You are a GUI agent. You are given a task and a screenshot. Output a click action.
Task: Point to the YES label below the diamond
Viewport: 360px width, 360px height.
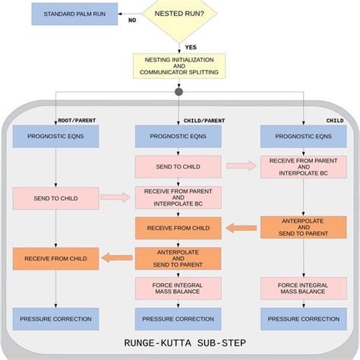(191, 47)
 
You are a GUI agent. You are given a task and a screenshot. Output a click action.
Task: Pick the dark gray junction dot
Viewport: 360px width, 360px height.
(178, 93)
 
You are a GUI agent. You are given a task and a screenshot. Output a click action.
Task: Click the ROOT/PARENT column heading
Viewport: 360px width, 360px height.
(77, 120)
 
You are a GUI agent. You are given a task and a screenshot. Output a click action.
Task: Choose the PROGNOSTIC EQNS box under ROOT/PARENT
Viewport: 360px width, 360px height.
(55, 137)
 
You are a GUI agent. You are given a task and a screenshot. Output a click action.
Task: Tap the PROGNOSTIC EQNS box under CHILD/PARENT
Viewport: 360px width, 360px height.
(178, 137)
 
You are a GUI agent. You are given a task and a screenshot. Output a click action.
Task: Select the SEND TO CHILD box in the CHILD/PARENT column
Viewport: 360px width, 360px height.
(178, 167)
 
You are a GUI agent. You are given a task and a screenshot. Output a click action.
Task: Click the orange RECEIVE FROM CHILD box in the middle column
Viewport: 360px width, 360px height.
(178, 227)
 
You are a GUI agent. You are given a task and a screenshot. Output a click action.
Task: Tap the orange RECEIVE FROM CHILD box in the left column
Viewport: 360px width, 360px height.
(55, 258)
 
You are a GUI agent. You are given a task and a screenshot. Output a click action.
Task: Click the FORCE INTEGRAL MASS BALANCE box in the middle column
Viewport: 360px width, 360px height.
(178, 289)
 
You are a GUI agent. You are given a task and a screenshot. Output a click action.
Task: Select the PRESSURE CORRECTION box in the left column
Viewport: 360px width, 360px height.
(55, 319)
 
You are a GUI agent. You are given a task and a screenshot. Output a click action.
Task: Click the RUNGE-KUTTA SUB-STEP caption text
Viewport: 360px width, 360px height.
(179, 343)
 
